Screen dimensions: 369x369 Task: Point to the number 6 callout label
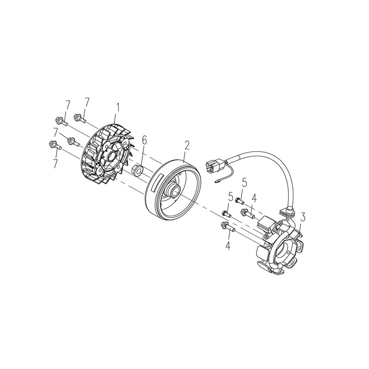tap(144, 143)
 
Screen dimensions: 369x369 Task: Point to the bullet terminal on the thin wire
tap(216, 181)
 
